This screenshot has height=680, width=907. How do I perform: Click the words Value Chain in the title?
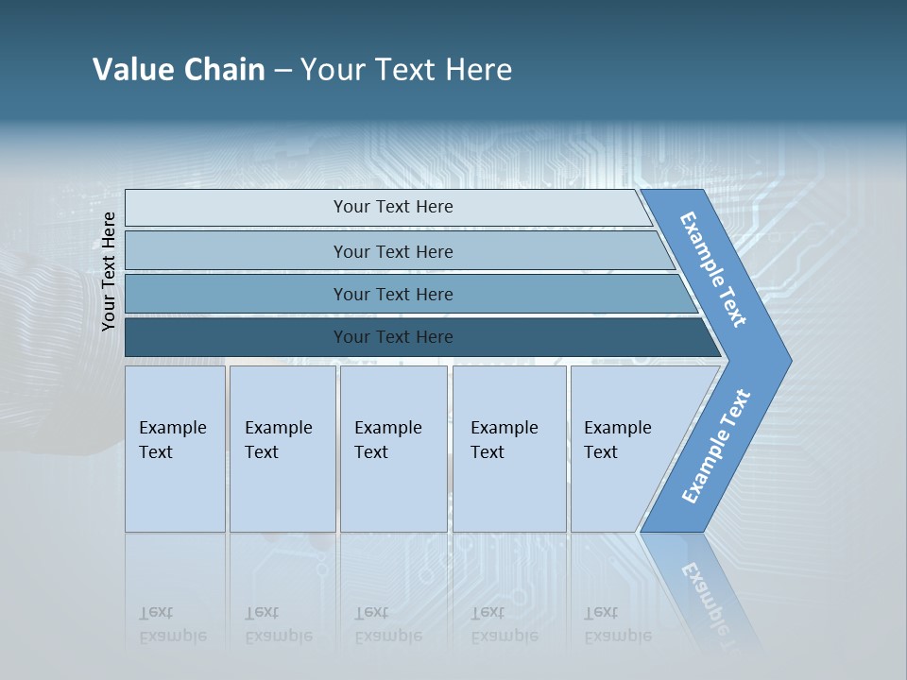click(179, 70)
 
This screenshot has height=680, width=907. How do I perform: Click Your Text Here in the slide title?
click(406, 70)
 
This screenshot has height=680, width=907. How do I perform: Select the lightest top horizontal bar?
click(236, 208)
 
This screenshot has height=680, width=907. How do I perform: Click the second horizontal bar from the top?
click(236, 251)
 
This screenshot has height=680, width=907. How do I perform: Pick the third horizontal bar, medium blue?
click(236, 294)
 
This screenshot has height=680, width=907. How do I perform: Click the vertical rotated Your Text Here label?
click(109, 271)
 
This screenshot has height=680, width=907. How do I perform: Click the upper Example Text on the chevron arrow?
click(713, 269)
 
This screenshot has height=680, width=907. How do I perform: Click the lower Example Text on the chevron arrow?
click(715, 447)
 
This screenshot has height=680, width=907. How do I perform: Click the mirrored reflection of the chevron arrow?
click(704, 586)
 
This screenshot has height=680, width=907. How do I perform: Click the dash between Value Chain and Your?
click(282, 71)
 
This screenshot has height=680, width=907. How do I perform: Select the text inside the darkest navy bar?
click(393, 337)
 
